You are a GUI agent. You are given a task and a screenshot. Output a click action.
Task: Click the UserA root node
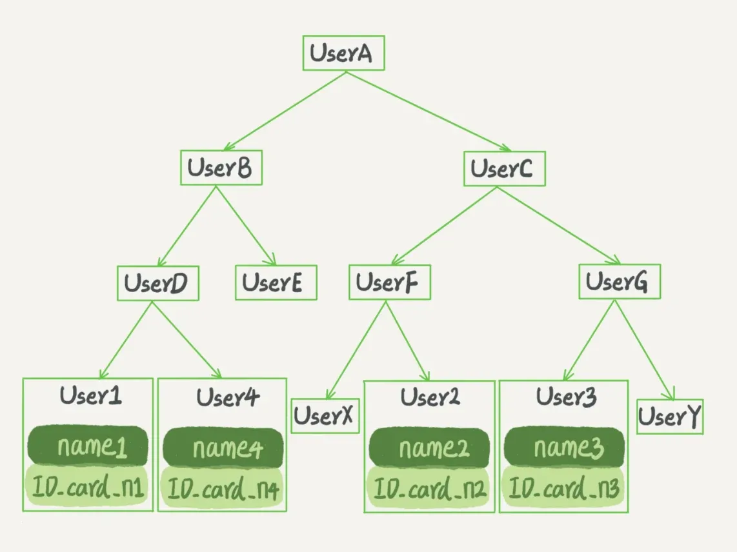343,54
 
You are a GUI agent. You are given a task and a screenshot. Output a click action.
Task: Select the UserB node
221,168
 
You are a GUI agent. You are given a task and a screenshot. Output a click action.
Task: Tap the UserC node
504,169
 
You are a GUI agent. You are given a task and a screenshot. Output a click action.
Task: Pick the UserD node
157,283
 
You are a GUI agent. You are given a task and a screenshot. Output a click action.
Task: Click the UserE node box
276,283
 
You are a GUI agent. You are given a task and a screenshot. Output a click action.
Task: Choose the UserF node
389,282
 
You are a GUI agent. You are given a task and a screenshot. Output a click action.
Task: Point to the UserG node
619,281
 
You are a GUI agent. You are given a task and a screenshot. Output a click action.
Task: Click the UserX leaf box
325,417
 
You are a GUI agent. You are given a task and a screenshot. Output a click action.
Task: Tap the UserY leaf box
669,417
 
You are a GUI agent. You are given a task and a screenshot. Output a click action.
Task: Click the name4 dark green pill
223,447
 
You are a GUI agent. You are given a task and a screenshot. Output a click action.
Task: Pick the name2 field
429,447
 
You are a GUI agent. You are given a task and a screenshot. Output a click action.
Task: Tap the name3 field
564,447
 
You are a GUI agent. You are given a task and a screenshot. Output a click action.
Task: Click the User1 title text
90,395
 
